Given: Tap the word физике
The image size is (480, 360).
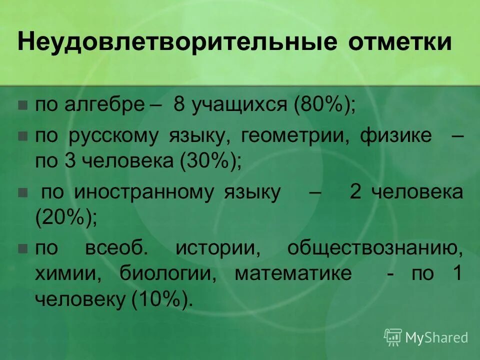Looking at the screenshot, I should (x=396, y=136).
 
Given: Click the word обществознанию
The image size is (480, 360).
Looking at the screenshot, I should (x=374, y=248).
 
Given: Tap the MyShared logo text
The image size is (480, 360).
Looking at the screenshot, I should (x=436, y=337).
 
